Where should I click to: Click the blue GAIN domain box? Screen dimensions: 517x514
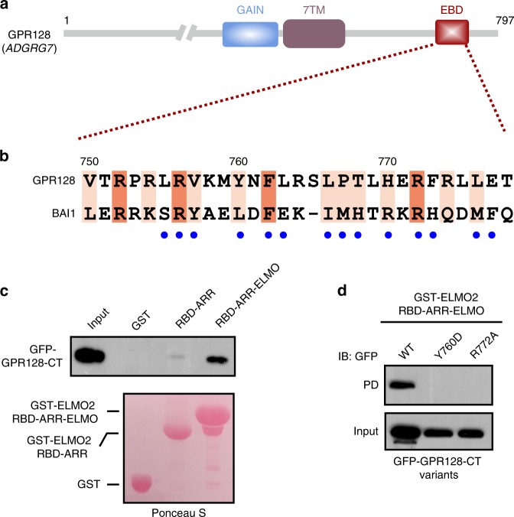tap(250, 34)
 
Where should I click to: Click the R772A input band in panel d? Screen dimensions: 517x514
tap(476, 433)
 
